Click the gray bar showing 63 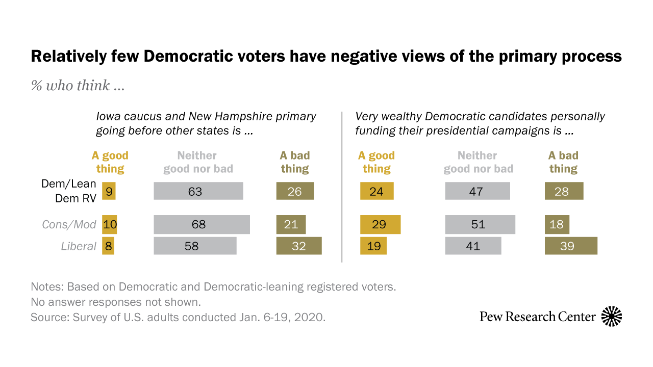198,191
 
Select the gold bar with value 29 380,224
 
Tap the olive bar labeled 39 571,246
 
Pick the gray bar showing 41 473,246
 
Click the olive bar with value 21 291,224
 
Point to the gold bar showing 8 108,246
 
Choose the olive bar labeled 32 299,246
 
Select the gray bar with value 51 480,224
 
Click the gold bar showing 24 376,191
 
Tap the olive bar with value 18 557,224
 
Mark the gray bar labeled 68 202,224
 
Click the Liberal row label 79,246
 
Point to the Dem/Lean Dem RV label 69,191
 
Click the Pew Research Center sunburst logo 612,317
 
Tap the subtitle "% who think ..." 78,86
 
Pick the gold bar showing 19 373,246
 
